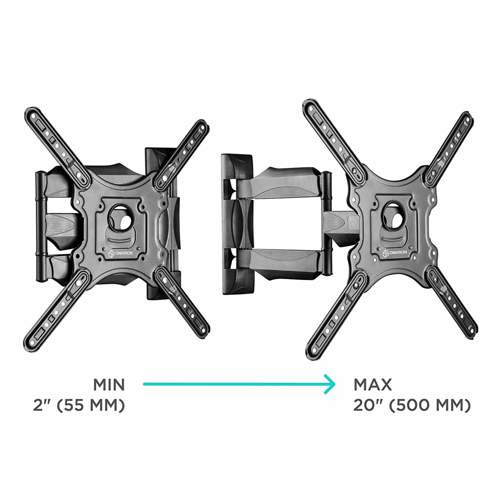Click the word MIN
[109, 384]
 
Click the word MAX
[372, 384]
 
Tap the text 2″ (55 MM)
[79, 405]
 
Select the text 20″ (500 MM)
[412, 405]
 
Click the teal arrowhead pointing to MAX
[331, 384]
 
